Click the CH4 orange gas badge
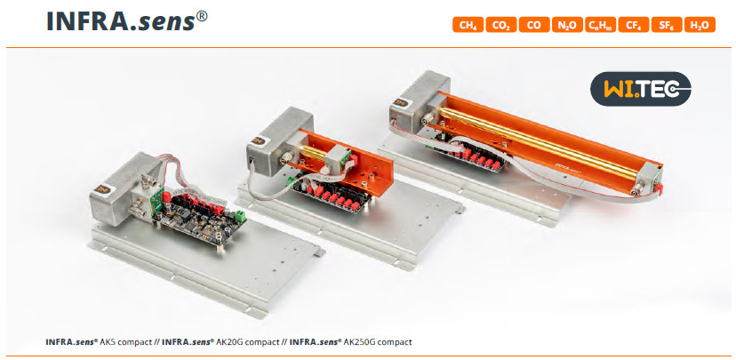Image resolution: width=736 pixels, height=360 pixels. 468,25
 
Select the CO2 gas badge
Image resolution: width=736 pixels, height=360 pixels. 500,25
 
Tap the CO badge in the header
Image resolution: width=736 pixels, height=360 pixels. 534,25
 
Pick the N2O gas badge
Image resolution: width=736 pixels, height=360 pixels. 567,25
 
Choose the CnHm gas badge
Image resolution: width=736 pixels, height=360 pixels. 600,25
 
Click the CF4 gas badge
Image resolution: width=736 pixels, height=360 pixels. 634,25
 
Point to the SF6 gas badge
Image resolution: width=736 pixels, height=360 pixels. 667,25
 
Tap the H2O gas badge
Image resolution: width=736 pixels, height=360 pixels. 700,25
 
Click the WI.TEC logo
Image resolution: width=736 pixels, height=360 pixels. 640,89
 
